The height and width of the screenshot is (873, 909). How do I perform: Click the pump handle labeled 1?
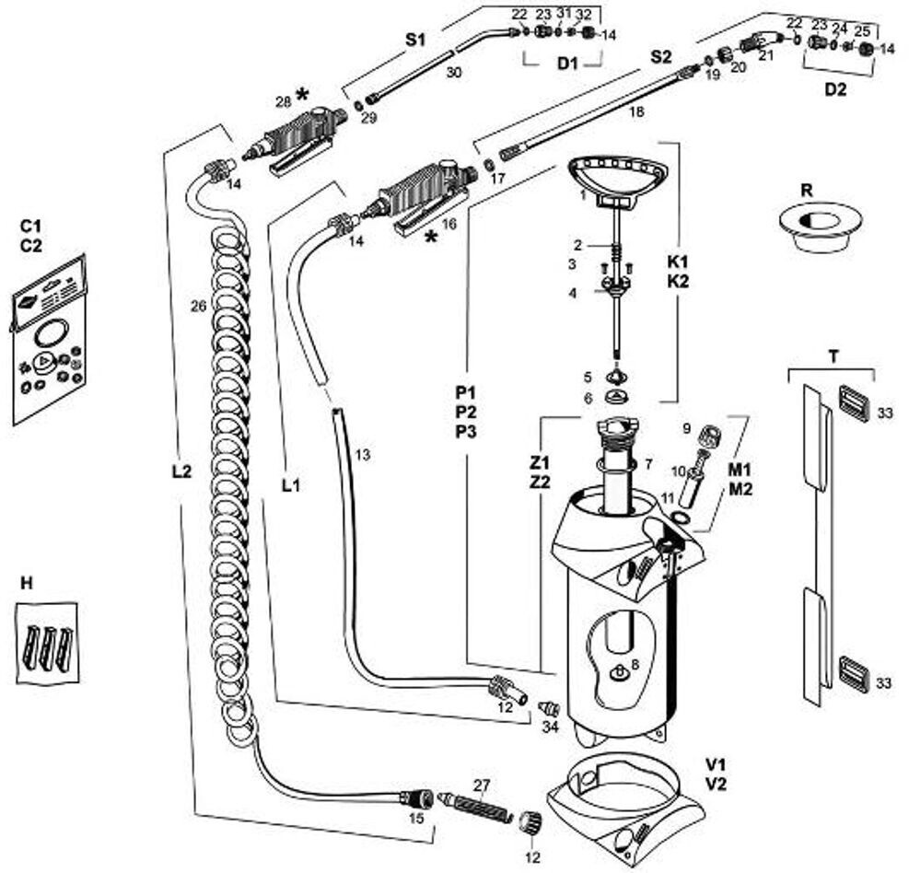pos(615,175)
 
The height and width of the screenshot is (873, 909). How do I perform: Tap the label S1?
pos(417,41)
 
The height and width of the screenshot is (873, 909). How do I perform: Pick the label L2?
pos(181,471)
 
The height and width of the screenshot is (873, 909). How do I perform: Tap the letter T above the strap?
pos(832,357)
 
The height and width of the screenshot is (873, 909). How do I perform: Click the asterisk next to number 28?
pos(302,96)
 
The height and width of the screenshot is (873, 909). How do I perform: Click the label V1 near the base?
pos(716,764)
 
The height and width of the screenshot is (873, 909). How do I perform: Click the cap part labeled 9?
pos(710,435)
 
